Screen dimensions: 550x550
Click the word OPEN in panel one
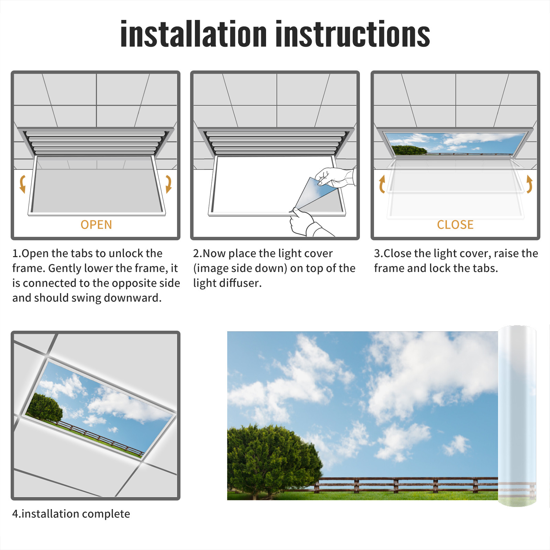pos(96,225)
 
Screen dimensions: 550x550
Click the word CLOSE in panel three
pos(455,225)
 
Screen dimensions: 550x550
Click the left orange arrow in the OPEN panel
pos(23,184)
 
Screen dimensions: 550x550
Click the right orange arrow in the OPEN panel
pos(168,184)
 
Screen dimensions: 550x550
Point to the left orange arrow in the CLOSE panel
pos(382,184)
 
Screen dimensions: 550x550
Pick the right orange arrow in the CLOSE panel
pos(529,184)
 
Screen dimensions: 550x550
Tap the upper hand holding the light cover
pos(335,177)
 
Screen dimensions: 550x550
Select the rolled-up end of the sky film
pos(517,416)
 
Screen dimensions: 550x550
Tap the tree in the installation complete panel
pos(45,408)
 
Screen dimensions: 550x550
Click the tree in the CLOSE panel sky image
pos(409,150)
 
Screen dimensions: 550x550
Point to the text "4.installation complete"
pos(71,514)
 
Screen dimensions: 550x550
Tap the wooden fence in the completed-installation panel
pos(100,438)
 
